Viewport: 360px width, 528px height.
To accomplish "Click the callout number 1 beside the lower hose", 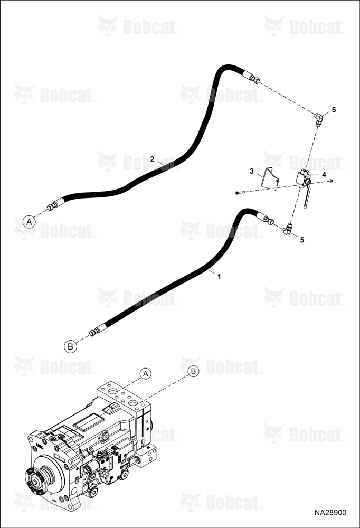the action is [219, 277].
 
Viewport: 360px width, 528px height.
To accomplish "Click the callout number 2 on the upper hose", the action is [152, 159].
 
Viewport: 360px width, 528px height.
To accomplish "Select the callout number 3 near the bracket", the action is [252, 172].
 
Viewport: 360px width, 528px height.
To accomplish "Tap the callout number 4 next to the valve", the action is [324, 174].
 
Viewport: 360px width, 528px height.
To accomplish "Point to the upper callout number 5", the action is [334, 110].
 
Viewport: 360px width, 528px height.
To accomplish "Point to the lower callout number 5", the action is [302, 240].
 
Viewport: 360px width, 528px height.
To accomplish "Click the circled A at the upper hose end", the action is [30, 222].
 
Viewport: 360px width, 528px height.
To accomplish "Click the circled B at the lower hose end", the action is [70, 346].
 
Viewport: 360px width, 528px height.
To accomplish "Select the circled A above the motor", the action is [146, 373].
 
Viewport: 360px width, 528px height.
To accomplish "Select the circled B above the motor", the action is [193, 371].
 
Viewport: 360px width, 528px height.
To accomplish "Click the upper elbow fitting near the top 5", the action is [319, 119].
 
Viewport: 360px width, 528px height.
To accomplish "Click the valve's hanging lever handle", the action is [306, 196].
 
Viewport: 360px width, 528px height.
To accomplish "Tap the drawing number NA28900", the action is [330, 513].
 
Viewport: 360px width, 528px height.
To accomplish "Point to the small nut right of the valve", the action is [332, 181].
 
